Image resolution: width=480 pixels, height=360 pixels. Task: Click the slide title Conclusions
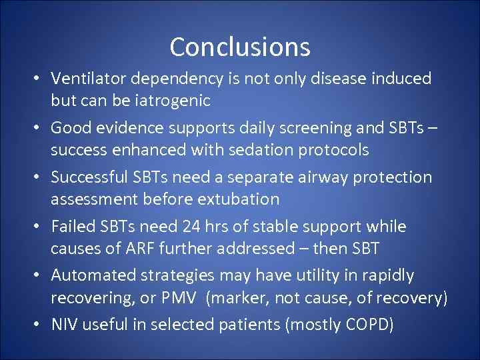(x=239, y=47)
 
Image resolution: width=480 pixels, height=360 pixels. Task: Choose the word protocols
(x=331, y=150)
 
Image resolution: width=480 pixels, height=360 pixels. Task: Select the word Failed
(x=73, y=227)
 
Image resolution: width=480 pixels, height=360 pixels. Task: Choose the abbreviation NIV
(x=65, y=325)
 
